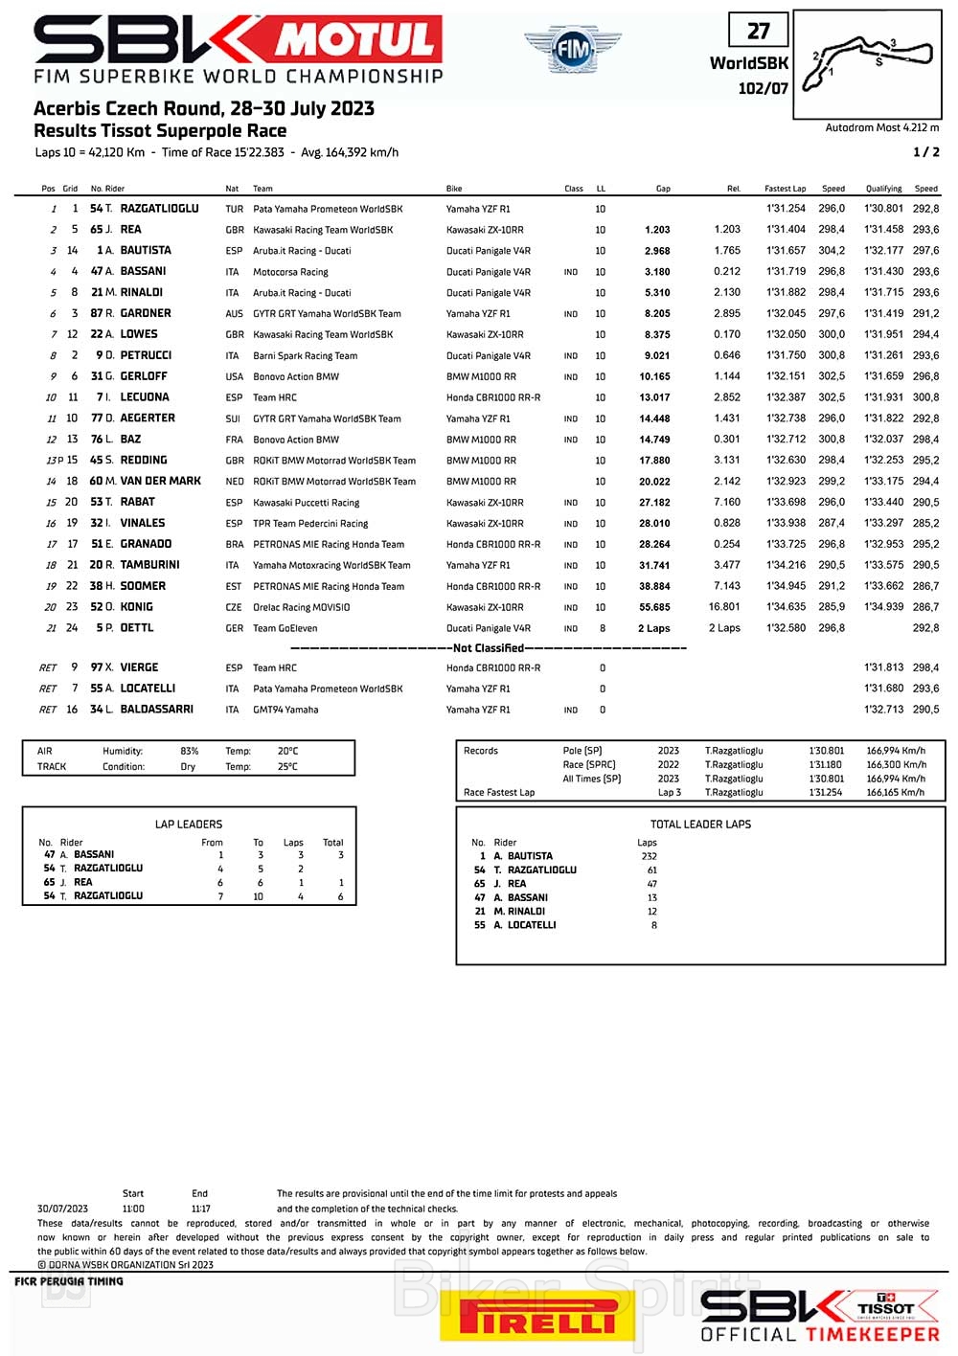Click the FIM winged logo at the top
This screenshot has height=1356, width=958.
(x=572, y=49)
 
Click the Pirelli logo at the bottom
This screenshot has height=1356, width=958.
(x=537, y=1319)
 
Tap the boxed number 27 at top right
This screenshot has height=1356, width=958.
(x=758, y=31)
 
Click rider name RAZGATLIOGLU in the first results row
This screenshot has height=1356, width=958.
(x=159, y=209)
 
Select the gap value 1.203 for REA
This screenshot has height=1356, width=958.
(x=657, y=230)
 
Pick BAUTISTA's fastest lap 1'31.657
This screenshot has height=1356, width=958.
(x=786, y=251)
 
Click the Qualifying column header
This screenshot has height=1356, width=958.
(x=883, y=189)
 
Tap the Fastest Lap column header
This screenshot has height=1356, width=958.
(x=785, y=189)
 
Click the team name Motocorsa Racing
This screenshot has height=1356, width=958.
(x=290, y=272)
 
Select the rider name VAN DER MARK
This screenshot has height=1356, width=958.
(x=160, y=481)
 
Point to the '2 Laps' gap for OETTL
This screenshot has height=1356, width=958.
(x=654, y=628)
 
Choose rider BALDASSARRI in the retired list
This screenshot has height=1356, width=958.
(x=156, y=710)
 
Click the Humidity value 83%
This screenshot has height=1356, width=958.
(x=190, y=752)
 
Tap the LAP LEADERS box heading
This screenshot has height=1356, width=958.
(x=189, y=825)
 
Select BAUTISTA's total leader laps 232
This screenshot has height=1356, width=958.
(x=650, y=856)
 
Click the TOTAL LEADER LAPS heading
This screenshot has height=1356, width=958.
(x=700, y=825)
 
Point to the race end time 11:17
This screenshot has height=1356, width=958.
(x=200, y=1209)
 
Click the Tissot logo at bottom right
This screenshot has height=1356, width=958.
(x=886, y=1307)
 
